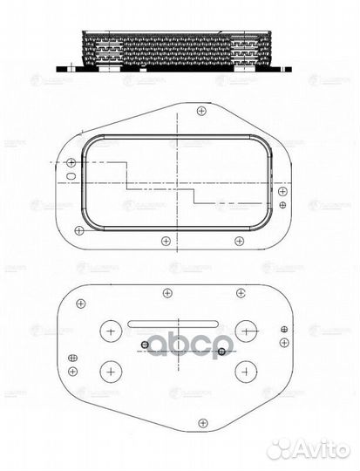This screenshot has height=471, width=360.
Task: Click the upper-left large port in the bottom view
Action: tap(112, 331)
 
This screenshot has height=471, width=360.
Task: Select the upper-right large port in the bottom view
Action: tap(247, 331)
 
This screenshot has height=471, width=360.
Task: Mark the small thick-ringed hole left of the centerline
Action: tap(143, 345)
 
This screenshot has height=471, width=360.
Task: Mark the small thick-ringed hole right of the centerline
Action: tap(223, 352)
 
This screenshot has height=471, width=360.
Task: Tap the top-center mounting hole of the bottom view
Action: tap(166, 293)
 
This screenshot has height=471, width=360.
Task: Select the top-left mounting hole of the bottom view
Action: tap(80, 303)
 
